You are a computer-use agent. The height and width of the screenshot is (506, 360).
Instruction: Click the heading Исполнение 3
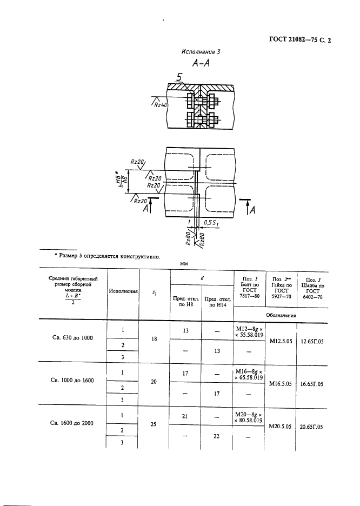tap(201, 52)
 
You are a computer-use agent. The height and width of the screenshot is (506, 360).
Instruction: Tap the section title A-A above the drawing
tap(201, 63)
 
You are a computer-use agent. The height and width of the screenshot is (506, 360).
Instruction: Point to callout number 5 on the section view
tap(179, 77)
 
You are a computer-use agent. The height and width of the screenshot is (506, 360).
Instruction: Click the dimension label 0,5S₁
tap(211, 223)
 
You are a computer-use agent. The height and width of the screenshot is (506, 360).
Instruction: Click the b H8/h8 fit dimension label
tap(123, 181)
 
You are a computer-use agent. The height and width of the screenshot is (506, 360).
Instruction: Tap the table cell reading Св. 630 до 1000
tap(72, 338)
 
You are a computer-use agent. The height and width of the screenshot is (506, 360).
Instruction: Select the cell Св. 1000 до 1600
tap(72, 381)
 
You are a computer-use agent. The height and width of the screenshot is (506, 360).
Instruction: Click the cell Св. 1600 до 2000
tap(71, 423)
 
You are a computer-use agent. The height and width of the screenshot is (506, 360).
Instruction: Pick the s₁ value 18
tap(154, 339)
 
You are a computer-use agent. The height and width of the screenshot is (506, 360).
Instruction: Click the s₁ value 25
tap(153, 424)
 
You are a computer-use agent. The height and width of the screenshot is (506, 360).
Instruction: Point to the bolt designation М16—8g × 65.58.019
tap(249, 374)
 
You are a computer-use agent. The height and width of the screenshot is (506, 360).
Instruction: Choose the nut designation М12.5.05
tap(281, 341)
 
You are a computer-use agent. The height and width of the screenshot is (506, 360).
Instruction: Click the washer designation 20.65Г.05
tap(311, 427)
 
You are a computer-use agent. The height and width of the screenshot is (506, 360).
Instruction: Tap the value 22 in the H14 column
tap(216, 436)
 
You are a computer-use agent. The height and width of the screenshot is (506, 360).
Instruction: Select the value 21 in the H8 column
tap(184, 416)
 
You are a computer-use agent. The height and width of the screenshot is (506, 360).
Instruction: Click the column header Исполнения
tap(123, 291)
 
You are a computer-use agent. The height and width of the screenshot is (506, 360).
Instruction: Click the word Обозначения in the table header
tap(281, 315)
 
